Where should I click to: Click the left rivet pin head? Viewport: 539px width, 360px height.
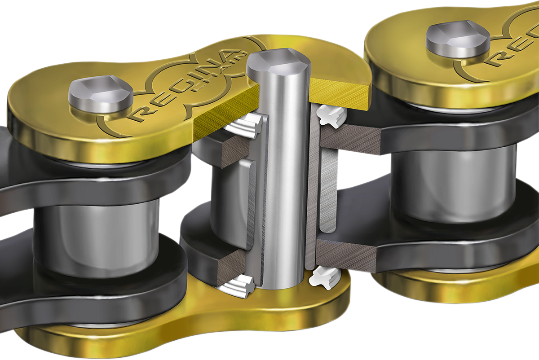click(x=100, y=96)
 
